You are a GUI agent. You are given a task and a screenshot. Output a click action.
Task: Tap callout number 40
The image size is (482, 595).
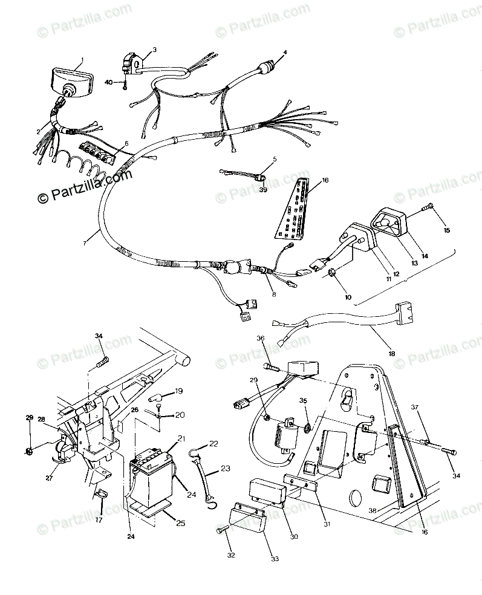point(109,82)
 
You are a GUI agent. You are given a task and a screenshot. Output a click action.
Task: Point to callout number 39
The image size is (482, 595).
point(263,189)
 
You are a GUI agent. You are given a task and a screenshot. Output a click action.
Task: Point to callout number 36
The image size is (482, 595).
point(261,338)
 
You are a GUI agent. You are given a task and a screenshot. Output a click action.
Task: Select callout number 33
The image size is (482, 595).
point(275,559)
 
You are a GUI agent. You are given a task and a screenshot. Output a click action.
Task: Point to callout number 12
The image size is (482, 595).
point(396,258)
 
